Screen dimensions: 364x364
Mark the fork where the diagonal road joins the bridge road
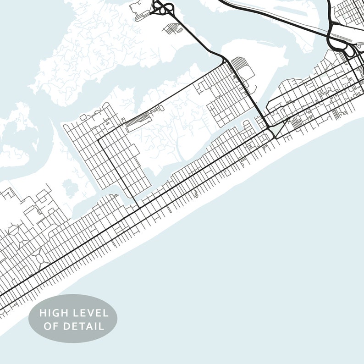[x=225, y=61]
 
